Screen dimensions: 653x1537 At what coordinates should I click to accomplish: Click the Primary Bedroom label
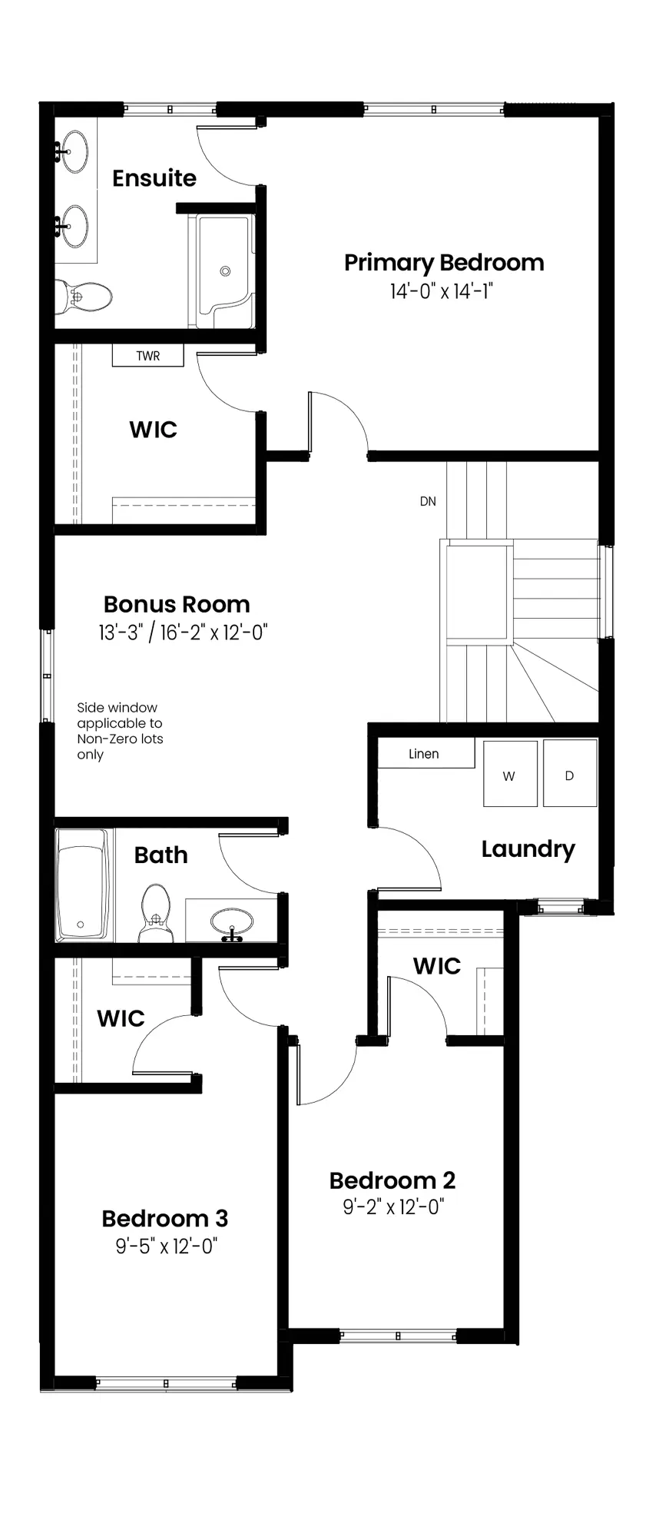pyautogui.click(x=444, y=263)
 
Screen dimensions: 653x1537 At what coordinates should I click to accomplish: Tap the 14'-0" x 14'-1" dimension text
pyautogui.click(x=440, y=291)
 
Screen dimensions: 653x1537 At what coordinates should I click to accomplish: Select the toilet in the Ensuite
pyautogui.click(x=84, y=296)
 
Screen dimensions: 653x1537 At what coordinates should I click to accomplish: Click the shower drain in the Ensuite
pyautogui.click(x=225, y=271)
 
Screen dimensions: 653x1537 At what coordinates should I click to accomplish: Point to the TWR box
pyautogui.click(x=148, y=355)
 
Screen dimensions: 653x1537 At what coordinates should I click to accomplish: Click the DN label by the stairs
pyautogui.click(x=428, y=501)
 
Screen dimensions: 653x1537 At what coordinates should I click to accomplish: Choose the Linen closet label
pyautogui.click(x=424, y=754)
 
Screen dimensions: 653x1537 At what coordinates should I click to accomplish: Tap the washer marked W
pyautogui.click(x=510, y=774)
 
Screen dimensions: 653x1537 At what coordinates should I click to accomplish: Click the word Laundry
pyautogui.click(x=528, y=850)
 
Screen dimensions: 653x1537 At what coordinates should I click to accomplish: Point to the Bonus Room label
pyautogui.click(x=177, y=604)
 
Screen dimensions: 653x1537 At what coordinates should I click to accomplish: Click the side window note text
pyautogui.click(x=120, y=731)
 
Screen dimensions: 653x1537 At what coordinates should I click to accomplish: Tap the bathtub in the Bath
pyautogui.click(x=84, y=885)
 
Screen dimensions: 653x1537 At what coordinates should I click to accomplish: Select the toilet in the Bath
pyautogui.click(x=156, y=912)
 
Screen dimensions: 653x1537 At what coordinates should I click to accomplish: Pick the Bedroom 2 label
pyautogui.click(x=392, y=1180)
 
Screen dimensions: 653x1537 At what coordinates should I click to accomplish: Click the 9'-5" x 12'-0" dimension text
pyautogui.click(x=167, y=1245)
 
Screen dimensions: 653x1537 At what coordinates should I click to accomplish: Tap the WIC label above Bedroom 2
pyautogui.click(x=437, y=966)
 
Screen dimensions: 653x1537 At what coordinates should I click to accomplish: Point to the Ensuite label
pyautogui.click(x=154, y=178)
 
